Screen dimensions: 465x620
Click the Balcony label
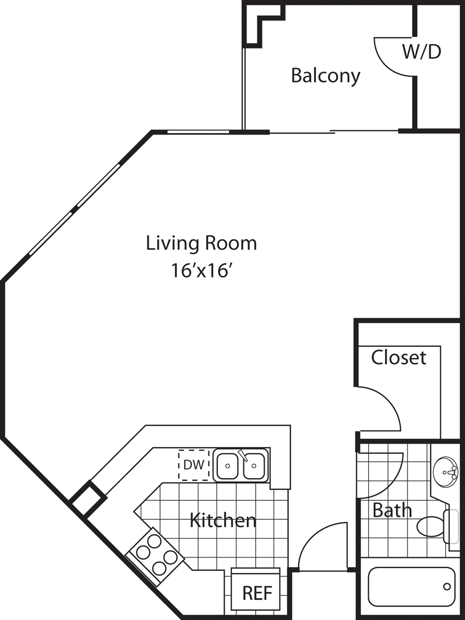pos(325,76)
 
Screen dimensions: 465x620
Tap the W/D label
pos(422,52)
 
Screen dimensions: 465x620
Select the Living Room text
pos(201,243)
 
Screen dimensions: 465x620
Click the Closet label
pos(399,358)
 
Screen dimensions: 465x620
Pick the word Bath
pos(392,510)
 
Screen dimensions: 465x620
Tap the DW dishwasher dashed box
pos(194,465)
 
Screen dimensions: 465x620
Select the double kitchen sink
pos(241,465)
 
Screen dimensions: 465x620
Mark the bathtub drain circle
pos(447,587)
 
